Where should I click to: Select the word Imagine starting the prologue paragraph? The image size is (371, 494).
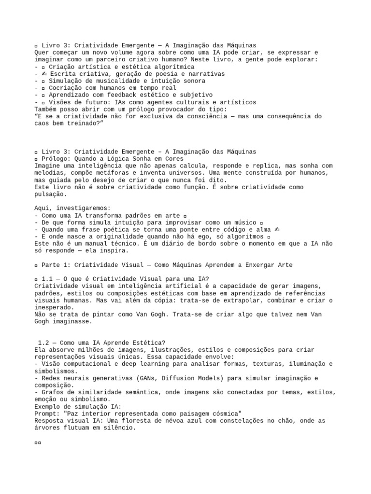click(x=48, y=165)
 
